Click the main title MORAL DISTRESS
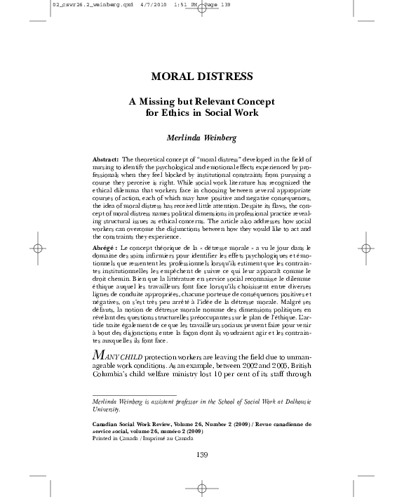pyautogui.click(x=201, y=76)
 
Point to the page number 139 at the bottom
pyautogui.click(x=201, y=455)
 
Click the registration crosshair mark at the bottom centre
pyautogui.click(x=201, y=486)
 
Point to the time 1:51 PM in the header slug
pyautogui.click(x=170, y=4)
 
